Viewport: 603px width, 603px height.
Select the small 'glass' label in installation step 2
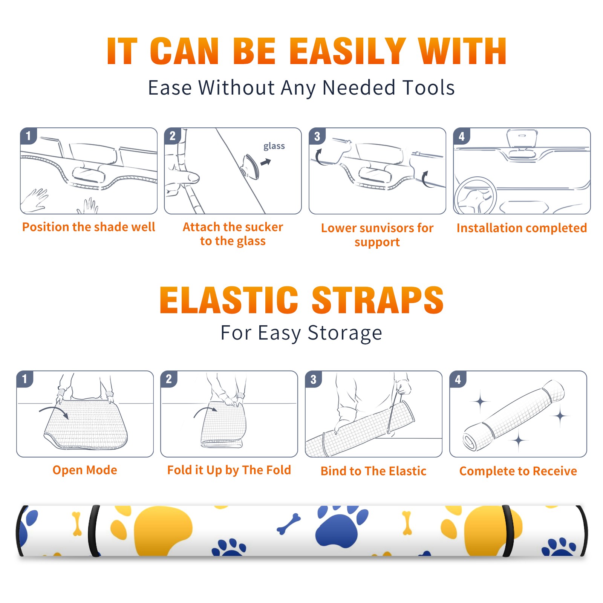[274, 146]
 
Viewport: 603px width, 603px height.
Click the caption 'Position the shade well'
[89, 227]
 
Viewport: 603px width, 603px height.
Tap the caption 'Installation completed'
[522, 228]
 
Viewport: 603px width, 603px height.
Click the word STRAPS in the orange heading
[378, 300]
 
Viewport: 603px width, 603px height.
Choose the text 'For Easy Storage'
[301, 333]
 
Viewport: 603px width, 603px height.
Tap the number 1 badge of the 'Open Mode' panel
[25, 379]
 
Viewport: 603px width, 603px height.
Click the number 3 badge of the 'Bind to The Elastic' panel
[313, 379]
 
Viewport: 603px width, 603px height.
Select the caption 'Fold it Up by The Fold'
[229, 470]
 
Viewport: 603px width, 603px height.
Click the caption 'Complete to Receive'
[518, 471]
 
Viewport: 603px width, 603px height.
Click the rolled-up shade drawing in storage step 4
[513, 416]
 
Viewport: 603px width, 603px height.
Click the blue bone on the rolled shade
[289, 524]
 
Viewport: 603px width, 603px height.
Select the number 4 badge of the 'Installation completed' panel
[461, 136]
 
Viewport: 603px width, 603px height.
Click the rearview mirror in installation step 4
[522, 139]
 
